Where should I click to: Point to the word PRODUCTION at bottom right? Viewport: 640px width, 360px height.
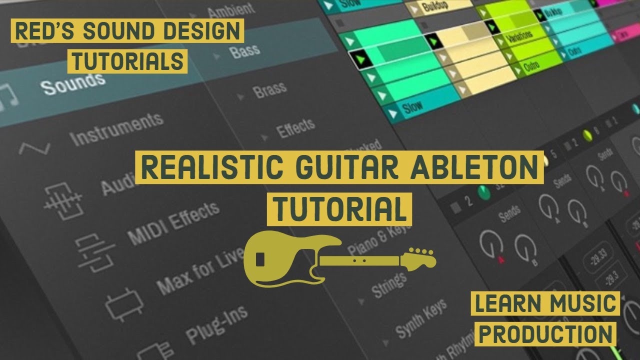[x=546, y=333]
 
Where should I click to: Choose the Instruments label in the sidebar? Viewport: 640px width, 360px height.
[x=116, y=128]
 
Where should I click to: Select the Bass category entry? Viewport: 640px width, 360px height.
[x=244, y=51]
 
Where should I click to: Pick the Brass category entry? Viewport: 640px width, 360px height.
[x=269, y=90]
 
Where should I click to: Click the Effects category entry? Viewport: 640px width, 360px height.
[x=295, y=128]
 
